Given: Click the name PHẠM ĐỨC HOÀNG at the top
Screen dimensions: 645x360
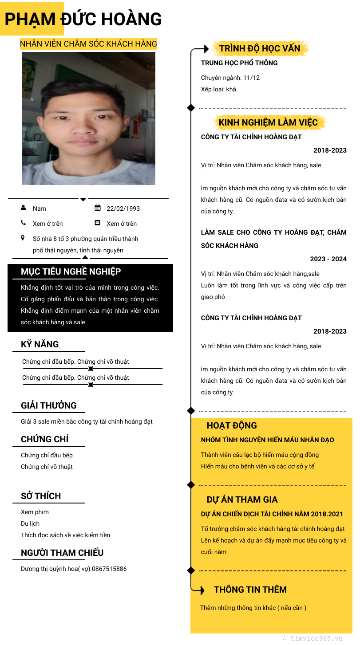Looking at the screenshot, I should click(x=83, y=19).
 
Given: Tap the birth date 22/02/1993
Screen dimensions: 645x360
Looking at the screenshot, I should click(x=123, y=208).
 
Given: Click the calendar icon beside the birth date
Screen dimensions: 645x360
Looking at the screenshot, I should click(x=98, y=208).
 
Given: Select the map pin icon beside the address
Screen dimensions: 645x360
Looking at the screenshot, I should click(x=23, y=238).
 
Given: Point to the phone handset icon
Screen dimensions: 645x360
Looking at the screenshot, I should click(x=23, y=223).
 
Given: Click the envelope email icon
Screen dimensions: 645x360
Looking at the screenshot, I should click(x=98, y=223).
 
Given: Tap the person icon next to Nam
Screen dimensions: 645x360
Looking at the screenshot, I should click(x=23, y=208).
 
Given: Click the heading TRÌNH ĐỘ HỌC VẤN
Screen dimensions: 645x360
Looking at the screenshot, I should click(x=260, y=48).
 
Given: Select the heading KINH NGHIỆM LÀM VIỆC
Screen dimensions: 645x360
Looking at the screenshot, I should click(x=268, y=122).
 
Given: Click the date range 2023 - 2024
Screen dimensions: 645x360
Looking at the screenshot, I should click(x=328, y=259).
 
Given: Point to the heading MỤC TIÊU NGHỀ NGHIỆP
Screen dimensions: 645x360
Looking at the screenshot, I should click(x=71, y=271).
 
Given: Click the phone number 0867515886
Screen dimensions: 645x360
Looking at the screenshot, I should click(x=109, y=569).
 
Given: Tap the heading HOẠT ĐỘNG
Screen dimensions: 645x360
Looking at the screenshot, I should click(x=232, y=425).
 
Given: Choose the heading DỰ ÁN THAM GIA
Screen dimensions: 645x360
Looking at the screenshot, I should click(x=242, y=499).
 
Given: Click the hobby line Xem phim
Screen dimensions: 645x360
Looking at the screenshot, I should click(x=35, y=512).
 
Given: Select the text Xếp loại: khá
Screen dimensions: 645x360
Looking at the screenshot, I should click(x=218, y=89).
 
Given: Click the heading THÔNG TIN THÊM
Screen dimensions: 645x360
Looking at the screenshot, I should click(x=250, y=590).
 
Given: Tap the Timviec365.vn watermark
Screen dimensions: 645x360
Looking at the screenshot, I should click(x=316, y=639).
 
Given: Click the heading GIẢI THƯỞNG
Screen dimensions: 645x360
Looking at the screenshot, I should click(x=49, y=405).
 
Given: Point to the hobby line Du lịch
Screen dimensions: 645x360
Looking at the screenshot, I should click(x=30, y=523).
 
